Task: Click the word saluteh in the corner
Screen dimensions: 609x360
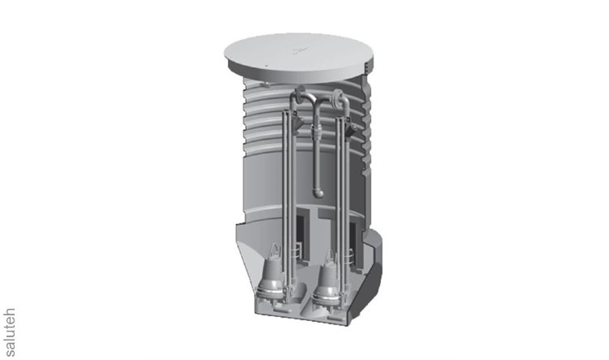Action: pyautogui.click(x=9, y=332)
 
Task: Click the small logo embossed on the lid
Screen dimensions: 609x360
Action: pyautogui.click(x=300, y=50)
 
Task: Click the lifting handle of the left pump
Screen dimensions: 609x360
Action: pyautogui.click(x=275, y=250)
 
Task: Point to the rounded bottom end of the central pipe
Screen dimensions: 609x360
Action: pyautogui.click(x=318, y=193)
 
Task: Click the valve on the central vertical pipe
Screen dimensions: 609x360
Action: pyautogui.click(x=317, y=135)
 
